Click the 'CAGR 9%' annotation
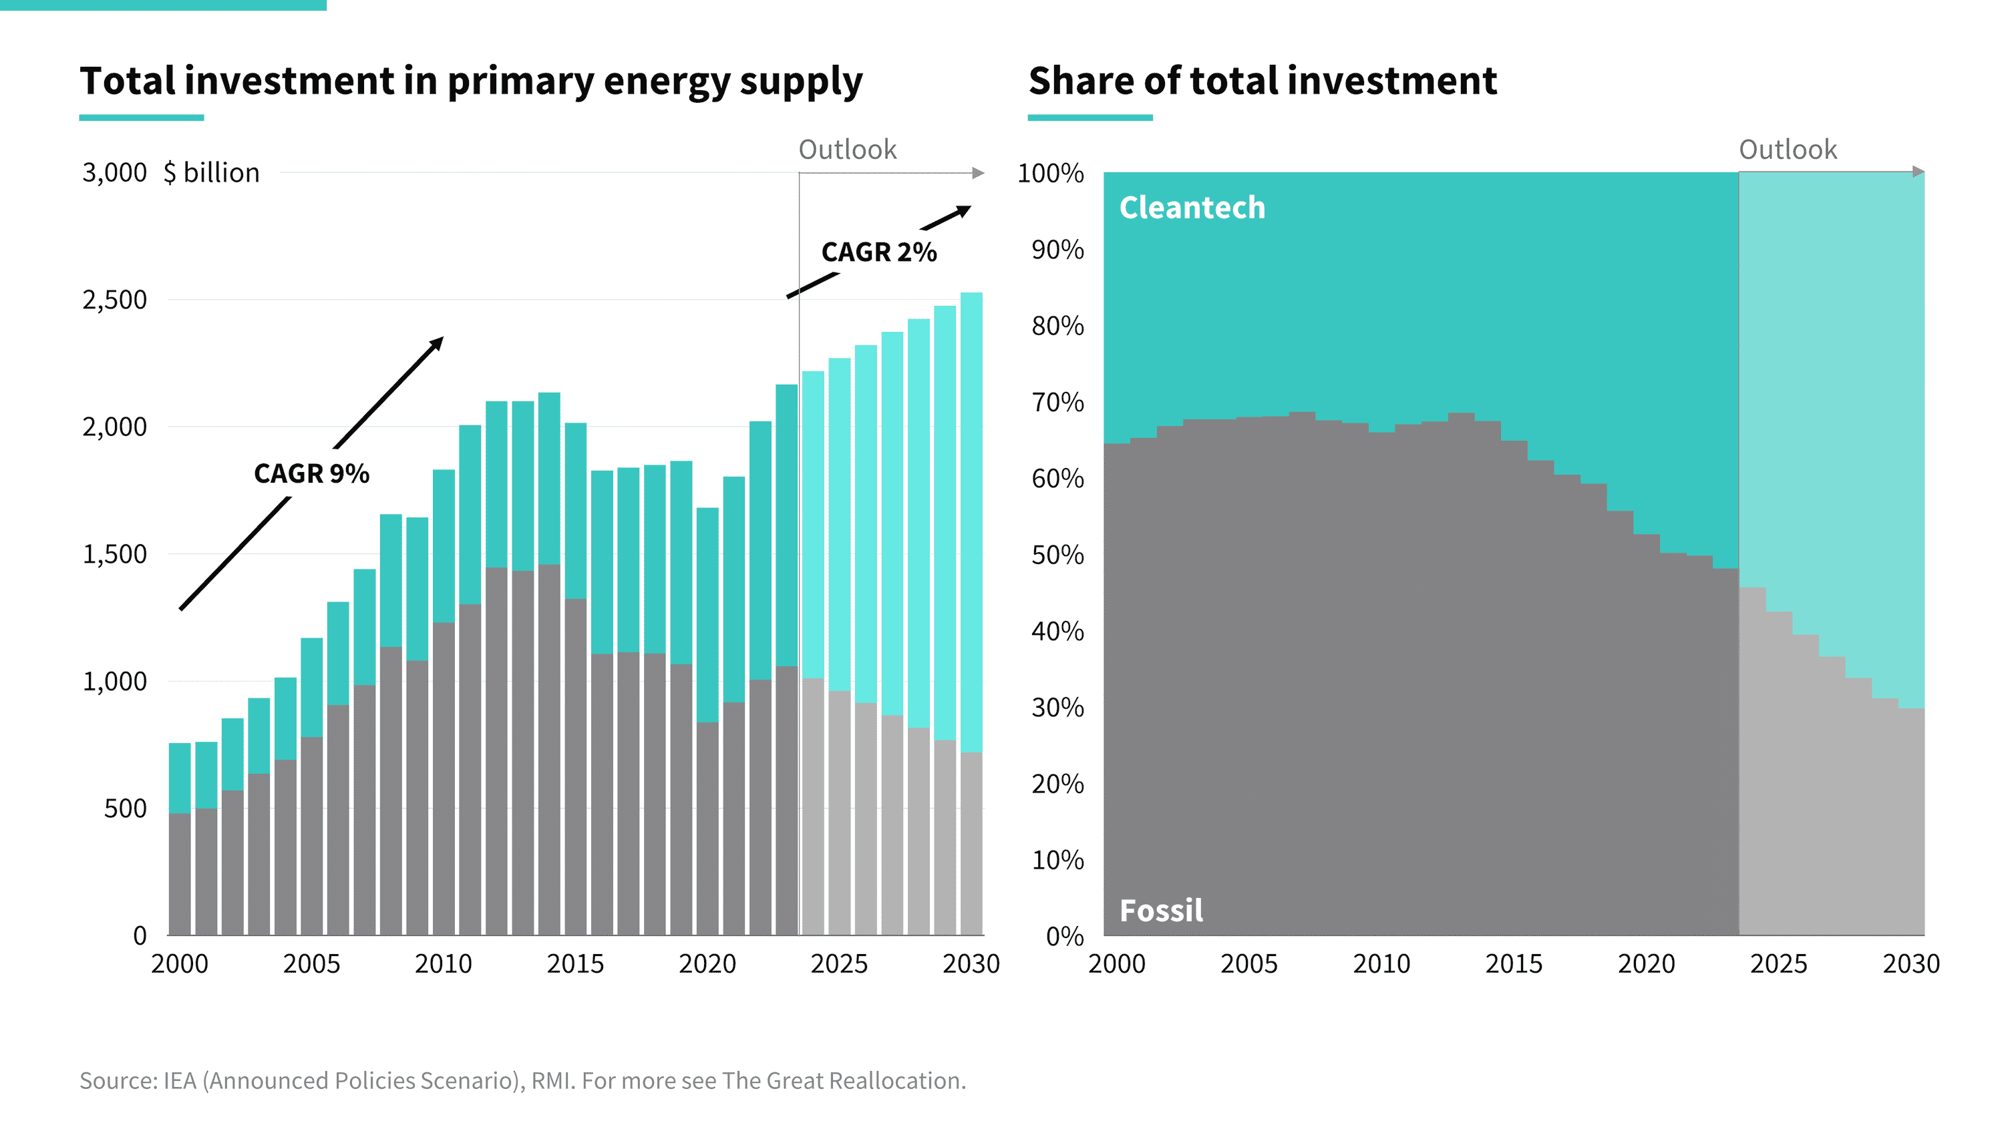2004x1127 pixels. (x=311, y=473)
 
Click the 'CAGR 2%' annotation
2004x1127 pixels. (x=878, y=252)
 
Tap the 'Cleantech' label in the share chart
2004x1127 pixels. (x=1192, y=208)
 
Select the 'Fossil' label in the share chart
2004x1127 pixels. (x=1161, y=910)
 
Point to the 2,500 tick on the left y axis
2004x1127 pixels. (x=114, y=300)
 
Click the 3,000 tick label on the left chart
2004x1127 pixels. (x=114, y=173)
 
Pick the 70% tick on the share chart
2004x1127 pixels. (x=1057, y=402)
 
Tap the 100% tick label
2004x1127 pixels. (x=1050, y=173)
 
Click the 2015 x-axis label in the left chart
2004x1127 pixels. (x=575, y=963)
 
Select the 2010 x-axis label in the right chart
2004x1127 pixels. (x=1381, y=963)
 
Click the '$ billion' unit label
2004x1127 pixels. (x=212, y=173)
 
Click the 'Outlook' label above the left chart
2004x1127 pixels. (x=847, y=150)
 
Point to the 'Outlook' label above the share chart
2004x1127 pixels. (x=1788, y=150)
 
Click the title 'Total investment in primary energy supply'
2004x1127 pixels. (x=472, y=81)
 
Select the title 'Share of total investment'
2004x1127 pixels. (x=1263, y=81)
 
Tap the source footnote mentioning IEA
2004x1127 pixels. (x=523, y=1080)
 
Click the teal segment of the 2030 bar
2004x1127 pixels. (x=971, y=521)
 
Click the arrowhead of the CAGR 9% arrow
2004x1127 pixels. (x=438, y=343)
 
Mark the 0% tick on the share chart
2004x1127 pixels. (x=1064, y=935)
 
